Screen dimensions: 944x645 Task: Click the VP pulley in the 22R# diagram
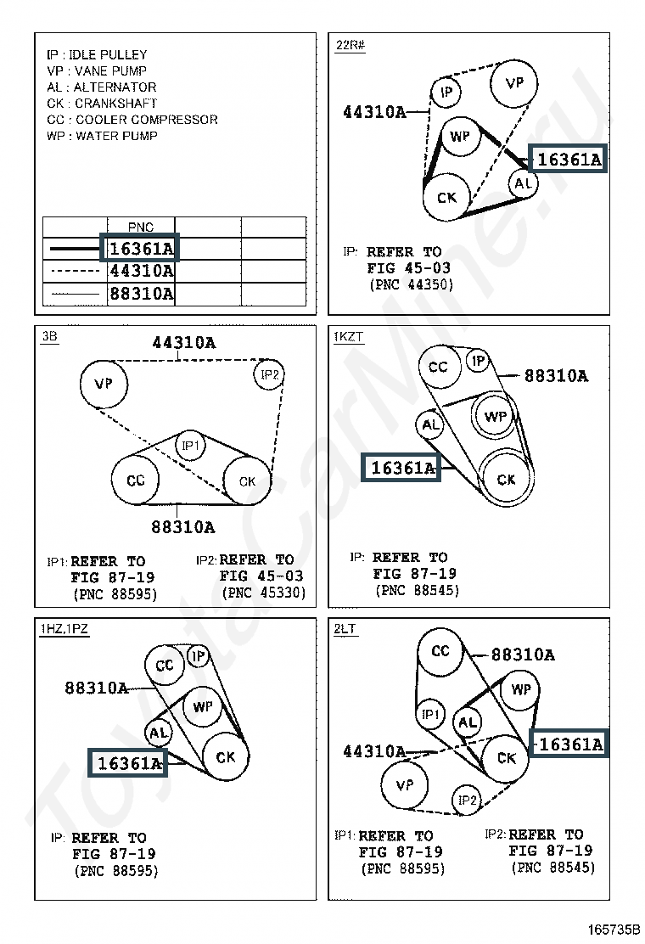click(514, 83)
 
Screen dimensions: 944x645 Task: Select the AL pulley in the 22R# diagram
click(523, 183)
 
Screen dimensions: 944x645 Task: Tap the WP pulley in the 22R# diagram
click(460, 137)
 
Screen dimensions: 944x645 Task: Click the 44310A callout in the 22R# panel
click(374, 112)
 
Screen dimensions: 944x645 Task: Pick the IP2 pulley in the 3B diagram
click(269, 374)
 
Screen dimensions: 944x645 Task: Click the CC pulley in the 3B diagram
click(136, 480)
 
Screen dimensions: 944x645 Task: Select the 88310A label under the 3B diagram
click(183, 527)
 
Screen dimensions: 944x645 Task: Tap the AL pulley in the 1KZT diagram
click(430, 425)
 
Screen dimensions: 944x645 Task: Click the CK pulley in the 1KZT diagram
click(506, 480)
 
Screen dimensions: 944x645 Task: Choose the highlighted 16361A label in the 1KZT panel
click(402, 467)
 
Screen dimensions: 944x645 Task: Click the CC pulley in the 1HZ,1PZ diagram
click(165, 666)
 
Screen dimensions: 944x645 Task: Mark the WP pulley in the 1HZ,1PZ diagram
click(202, 707)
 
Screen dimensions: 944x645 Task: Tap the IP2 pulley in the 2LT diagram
click(468, 800)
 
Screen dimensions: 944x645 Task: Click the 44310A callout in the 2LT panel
click(373, 751)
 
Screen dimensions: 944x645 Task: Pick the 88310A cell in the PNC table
click(141, 294)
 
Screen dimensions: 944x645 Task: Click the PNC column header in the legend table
click(141, 228)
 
